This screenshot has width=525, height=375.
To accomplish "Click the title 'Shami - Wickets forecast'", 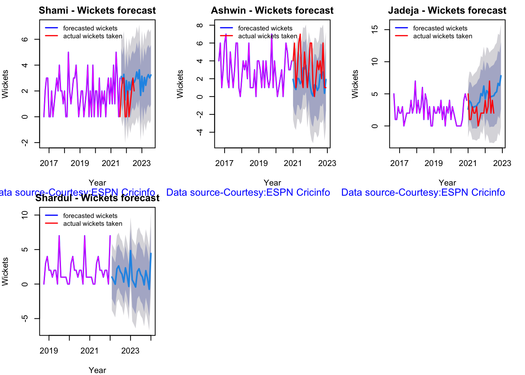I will click(97, 11).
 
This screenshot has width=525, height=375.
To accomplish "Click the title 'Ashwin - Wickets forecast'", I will click(272, 11).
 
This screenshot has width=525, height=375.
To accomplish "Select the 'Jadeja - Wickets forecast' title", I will click(447, 11).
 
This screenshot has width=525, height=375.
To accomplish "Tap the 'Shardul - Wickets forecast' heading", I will click(97, 198).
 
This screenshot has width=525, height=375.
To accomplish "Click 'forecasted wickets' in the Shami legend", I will click(90, 28).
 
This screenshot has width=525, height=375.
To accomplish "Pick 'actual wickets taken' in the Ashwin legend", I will click(268, 36).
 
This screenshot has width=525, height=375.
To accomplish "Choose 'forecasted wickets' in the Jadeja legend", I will click(440, 28).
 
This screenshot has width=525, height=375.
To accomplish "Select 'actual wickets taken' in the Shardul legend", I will click(93, 223).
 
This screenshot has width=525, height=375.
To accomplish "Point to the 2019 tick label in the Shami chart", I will click(80, 163).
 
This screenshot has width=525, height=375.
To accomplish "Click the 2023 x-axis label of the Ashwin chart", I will click(327, 163).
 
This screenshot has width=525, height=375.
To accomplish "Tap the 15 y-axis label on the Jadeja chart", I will click(375, 29).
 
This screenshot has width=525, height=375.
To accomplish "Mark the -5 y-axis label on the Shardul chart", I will click(25, 318).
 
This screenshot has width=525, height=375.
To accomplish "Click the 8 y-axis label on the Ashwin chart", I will click(200, 25).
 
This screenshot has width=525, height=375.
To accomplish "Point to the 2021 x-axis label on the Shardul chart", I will click(89, 351).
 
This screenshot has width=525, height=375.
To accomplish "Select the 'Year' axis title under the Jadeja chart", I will click(447, 183).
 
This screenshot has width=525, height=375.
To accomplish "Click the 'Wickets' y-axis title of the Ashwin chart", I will click(180, 84).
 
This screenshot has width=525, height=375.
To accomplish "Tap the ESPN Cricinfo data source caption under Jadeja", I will click(423, 193).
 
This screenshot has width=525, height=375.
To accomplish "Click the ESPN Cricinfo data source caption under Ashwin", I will click(248, 193).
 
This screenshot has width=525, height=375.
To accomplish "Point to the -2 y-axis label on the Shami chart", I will click(25, 143).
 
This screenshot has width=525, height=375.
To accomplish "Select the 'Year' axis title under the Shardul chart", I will click(97, 370).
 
